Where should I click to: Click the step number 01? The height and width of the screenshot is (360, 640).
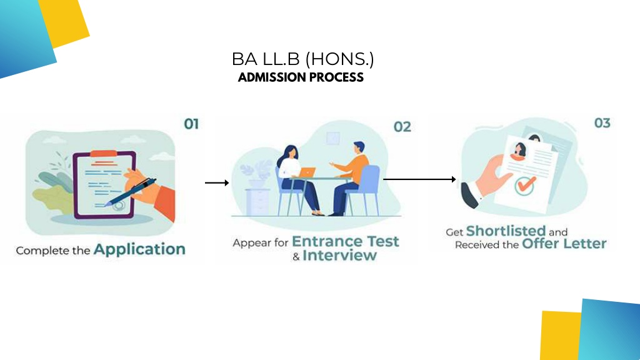coord(191,124)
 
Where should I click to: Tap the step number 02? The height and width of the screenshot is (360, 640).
coord(402,127)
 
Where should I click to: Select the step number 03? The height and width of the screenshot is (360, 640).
coord(602,123)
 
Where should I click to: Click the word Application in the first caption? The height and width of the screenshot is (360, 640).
coord(139,249)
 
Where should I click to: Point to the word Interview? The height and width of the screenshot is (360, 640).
coord(339,256)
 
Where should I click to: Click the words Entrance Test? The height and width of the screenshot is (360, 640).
coord(345,241)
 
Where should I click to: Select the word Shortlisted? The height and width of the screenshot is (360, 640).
coord(506,231)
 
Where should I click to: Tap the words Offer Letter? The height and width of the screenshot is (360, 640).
coord(564,244)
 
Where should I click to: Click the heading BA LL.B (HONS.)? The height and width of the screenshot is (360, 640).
coord(302,59)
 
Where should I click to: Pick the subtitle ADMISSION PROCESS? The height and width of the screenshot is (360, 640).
coord(301,77)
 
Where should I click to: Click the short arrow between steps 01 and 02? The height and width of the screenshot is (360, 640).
coord(217,183)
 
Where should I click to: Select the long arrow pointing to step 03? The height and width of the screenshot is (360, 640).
coord(419,179)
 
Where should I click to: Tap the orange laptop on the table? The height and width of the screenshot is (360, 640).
coord(307,172)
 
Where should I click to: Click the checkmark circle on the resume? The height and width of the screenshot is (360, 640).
coord(525,186)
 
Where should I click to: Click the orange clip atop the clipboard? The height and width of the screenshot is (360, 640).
coord(103,154)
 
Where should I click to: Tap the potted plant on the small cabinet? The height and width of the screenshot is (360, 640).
coord(256,174)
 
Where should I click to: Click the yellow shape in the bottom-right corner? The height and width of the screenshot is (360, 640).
coord(561,336)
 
